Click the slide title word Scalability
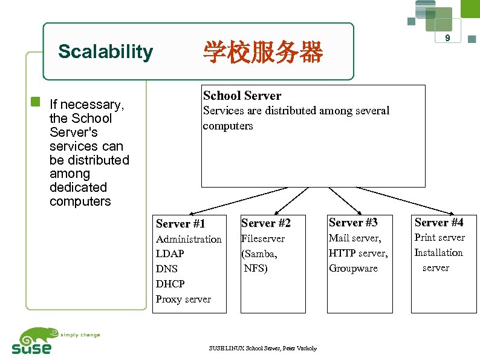pos(105,52)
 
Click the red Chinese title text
pos(263,53)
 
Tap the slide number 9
pos(447,38)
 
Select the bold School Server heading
pos(242,96)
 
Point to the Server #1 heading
pos(180,223)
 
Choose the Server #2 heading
pos(265,223)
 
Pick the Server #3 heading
pos(353,223)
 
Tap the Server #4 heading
pos(439,223)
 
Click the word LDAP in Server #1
pos(170,254)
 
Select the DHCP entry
pos(170,283)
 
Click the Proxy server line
pos(183,299)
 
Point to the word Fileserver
pos(263,238)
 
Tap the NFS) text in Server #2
pos(256,268)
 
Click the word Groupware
pos(353,268)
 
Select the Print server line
pos(439,237)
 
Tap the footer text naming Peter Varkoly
pos(262,348)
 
